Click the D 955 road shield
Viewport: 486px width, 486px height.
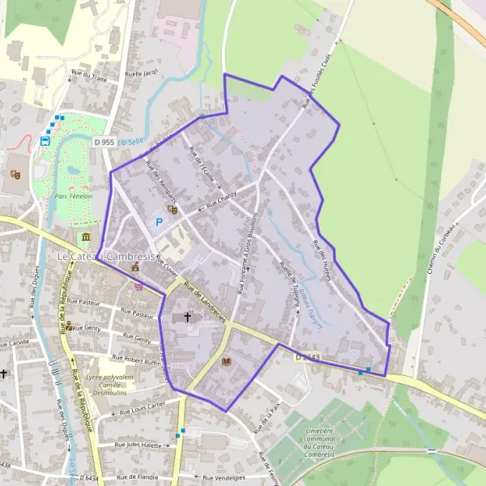click(x=104, y=142)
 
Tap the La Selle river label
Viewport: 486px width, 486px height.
click(x=130, y=142)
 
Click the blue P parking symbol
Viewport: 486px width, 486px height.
click(x=160, y=221)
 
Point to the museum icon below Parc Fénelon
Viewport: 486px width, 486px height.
click(x=85, y=237)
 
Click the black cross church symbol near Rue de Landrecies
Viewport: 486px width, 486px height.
click(x=189, y=317)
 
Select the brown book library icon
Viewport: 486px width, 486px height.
click(x=226, y=361)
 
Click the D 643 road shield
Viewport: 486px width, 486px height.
click(x=307, y=356)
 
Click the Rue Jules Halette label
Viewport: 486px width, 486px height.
click(x=139, y=444)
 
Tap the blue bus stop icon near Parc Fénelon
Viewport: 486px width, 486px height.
click(x=45, y=139)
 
